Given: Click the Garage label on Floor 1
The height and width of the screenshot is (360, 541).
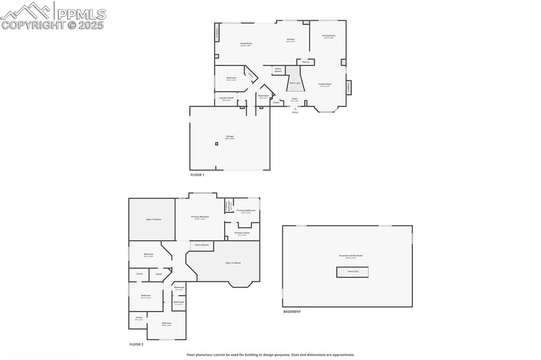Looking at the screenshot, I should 229,137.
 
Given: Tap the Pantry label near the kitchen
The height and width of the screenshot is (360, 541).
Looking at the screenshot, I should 305,62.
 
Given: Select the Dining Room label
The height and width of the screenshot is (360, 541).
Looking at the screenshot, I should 329,36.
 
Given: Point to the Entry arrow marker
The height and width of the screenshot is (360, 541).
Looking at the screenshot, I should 295,109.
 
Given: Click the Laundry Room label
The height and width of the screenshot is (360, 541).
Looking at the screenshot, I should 227,98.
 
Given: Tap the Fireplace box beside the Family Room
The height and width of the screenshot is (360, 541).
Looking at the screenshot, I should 349,88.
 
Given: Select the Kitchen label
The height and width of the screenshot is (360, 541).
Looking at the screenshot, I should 291,40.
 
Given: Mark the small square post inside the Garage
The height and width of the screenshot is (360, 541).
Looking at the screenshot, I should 217,143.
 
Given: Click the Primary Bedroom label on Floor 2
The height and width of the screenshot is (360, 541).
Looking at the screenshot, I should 200,217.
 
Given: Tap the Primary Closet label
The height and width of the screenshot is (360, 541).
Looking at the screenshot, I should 242,233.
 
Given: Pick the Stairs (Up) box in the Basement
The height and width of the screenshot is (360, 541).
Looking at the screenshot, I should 352,272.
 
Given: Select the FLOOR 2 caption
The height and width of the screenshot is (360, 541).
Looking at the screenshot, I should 136,344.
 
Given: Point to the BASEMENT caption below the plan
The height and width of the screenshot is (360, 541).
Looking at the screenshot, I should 292,311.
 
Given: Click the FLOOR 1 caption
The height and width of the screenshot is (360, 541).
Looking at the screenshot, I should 197,175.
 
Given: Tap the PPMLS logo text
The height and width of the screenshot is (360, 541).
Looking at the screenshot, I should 81,14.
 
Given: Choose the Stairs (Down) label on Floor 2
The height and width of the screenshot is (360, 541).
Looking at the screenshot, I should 201,245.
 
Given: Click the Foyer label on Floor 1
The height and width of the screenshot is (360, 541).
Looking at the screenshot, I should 294,99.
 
